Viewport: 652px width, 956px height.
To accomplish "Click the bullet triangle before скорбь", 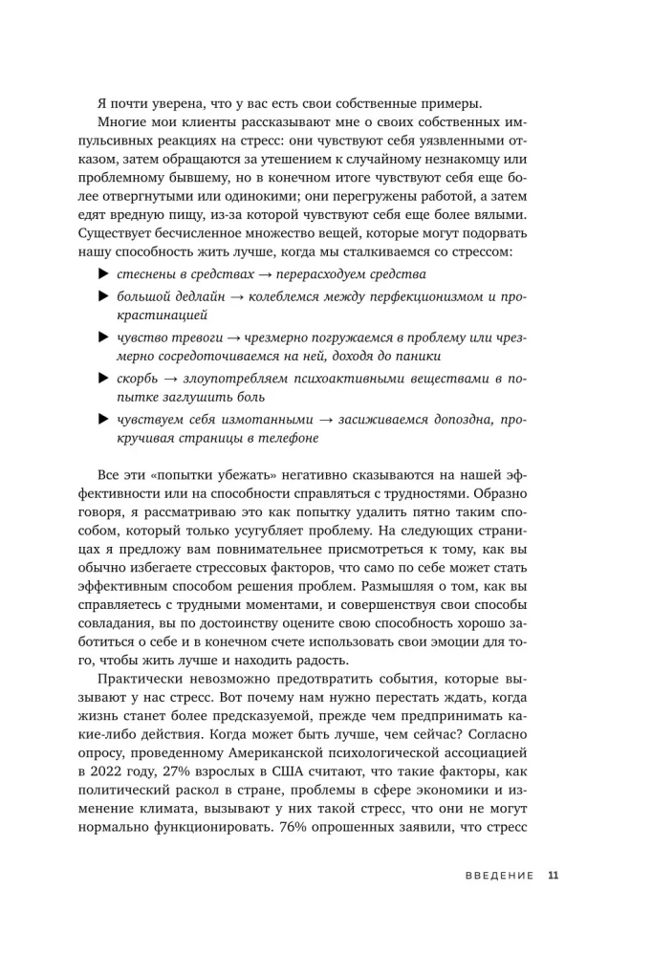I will click(x=103, y=380).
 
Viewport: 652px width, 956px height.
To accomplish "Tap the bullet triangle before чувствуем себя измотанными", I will click(x=103, y=420).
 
